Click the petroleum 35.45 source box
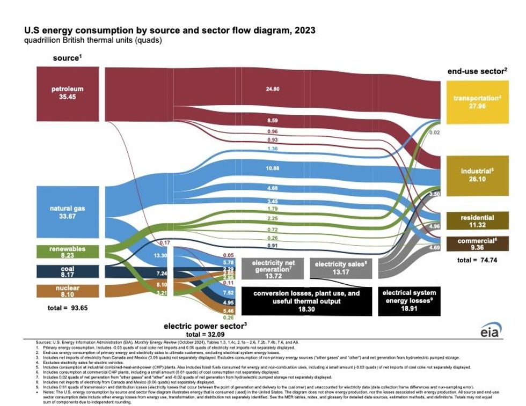[68, 93]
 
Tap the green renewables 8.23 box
[68, 252]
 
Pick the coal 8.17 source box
[68, 271]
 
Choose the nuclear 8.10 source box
[68, 291]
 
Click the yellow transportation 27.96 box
[477, 101]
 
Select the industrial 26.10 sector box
[477, 176]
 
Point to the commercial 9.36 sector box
[477, 245]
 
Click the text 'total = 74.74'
[477, 260]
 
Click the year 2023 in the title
[301, 30]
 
